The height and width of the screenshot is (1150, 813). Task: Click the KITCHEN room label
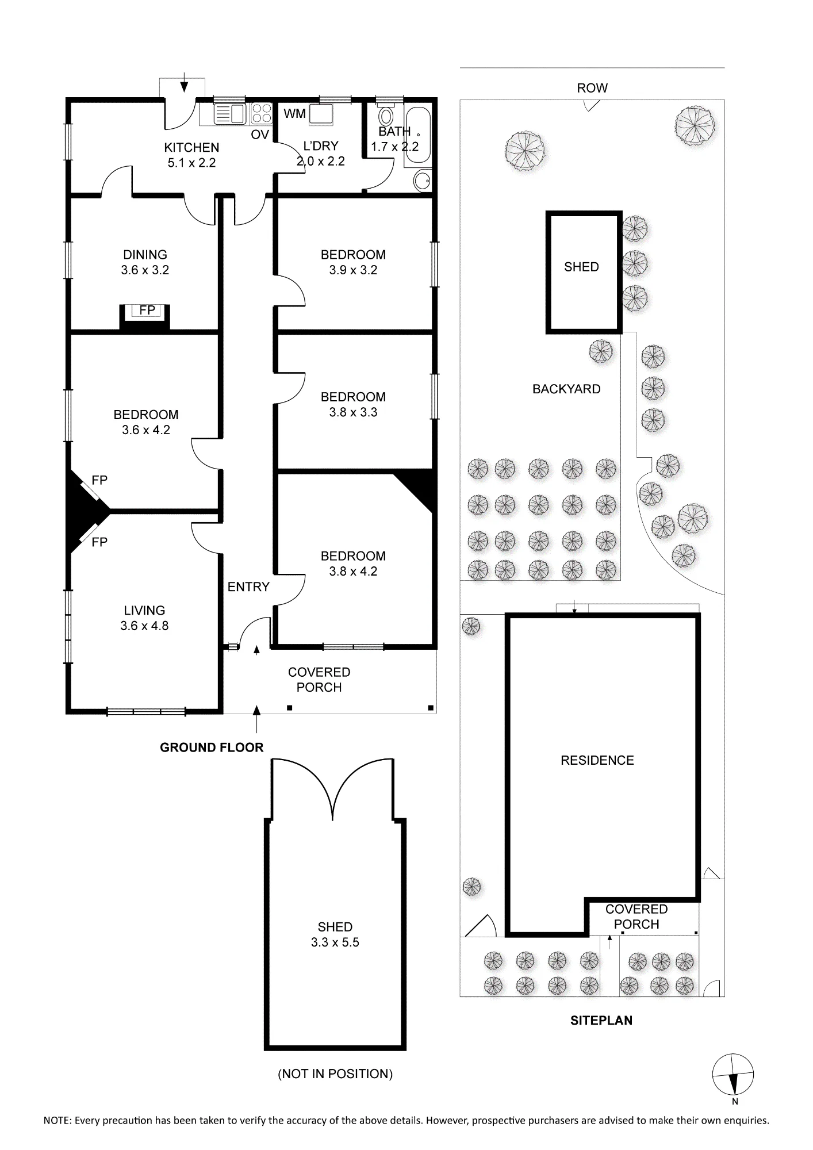coord(191,147)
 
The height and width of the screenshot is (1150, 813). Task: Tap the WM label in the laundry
coord(294,114)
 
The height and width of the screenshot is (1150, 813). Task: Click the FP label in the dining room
coord(147,310)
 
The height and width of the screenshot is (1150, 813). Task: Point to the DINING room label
coord(145,255)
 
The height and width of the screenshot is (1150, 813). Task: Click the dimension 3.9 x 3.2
coord(353,270)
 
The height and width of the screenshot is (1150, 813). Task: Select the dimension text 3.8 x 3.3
coord(353,412)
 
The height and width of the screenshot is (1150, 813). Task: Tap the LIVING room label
coord(144,611)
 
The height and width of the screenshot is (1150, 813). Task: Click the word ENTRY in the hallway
coord(248,586)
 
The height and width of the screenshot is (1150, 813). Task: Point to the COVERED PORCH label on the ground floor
coord(319,680)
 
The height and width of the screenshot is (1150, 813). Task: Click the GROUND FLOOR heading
coord(212,747)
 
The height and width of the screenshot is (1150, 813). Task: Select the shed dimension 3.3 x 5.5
coord(335,942)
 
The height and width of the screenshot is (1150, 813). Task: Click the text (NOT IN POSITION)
coord(335,1074)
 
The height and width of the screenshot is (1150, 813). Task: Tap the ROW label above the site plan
coord(592,88)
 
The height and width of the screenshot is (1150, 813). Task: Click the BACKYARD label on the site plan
coord(566,389)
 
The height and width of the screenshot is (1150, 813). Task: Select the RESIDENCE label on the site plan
coord(597,760)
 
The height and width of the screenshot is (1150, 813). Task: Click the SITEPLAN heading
coord(601,1021)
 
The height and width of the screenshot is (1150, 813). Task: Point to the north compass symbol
coord(733,1075)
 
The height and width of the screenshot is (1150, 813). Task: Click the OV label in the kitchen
coord(260,135)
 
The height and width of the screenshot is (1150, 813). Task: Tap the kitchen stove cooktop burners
coord(262,113)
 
